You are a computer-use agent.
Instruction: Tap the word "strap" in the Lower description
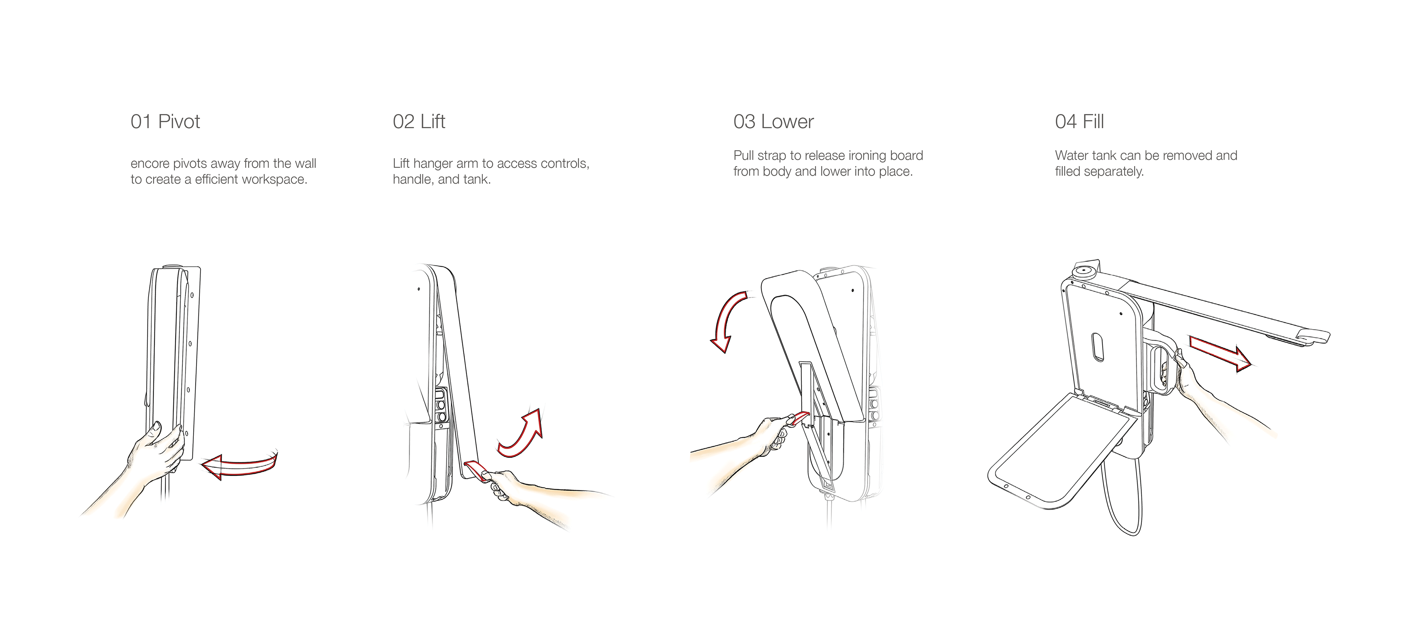click(x=772, y=156)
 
